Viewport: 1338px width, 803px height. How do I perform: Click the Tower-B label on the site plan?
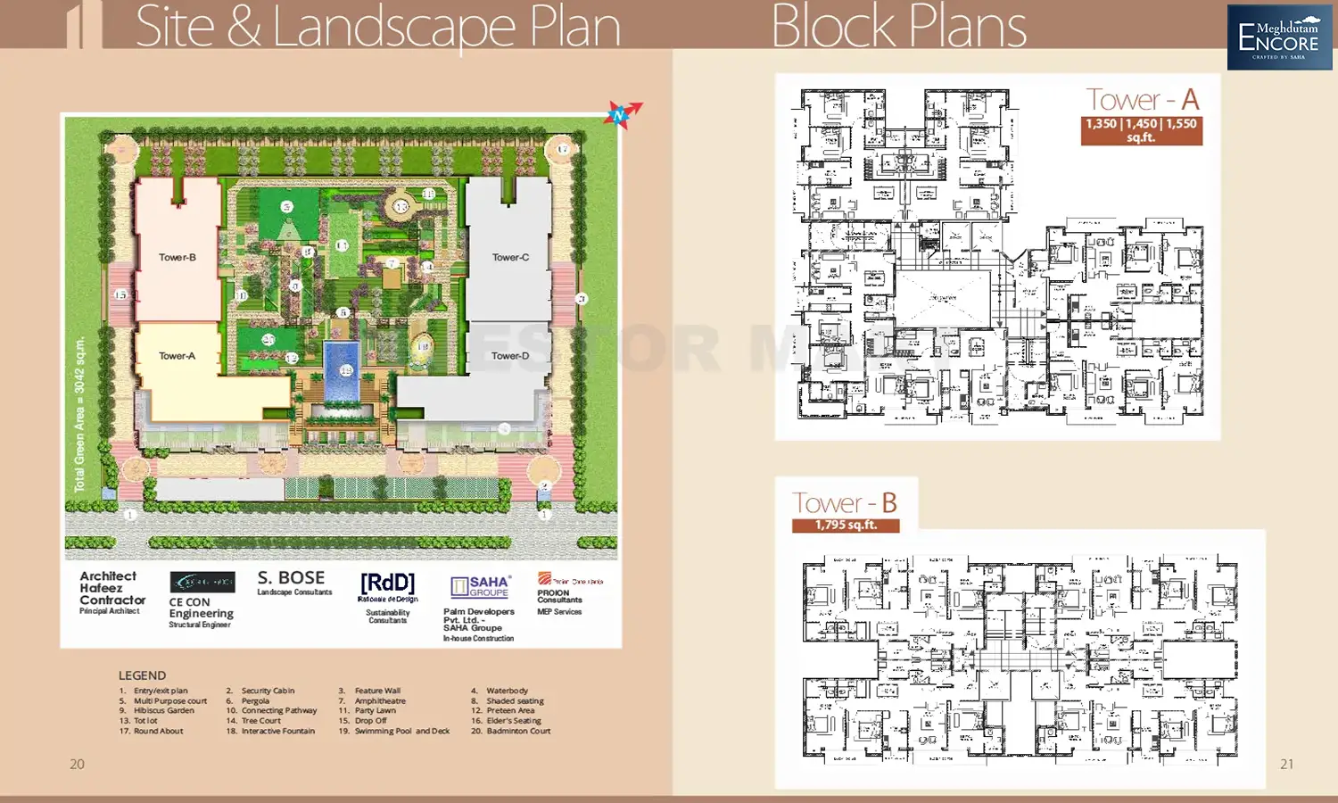coord(177,257)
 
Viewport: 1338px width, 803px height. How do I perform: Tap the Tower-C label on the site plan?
coord(510,257)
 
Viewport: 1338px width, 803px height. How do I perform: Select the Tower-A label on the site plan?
coord(177,356)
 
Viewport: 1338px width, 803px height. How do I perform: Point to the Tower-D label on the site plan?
coord(509,356)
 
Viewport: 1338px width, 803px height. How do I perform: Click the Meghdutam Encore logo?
coord(1279,37)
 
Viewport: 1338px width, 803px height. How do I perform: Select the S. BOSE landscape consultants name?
coord(291,578)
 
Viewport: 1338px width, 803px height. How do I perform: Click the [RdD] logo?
coord(387,584)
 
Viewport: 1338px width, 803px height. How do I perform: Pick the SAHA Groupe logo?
coord(480,586)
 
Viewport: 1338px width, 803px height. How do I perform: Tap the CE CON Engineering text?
coord(201,608)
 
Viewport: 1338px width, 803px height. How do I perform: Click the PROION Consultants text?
coord(559,596)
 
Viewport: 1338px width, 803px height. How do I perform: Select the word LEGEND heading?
coord(142,675)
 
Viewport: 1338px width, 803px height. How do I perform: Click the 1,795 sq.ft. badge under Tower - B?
coord(846,525)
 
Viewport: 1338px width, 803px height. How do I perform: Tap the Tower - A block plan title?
coord(1142,100)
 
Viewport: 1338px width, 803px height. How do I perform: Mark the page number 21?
coord(1286,764)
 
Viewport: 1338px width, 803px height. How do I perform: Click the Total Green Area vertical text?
coord(79,414)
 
